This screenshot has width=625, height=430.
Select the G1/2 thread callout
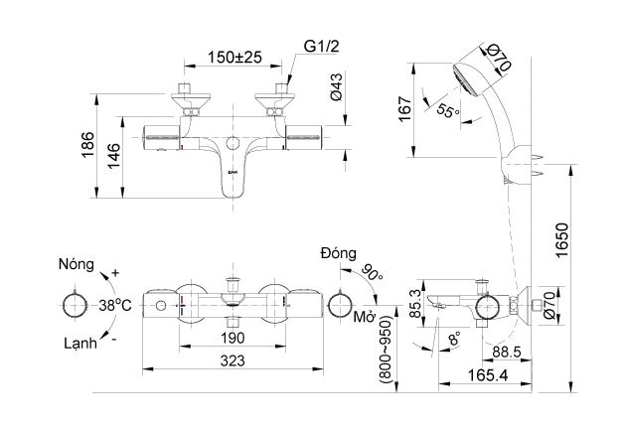320,46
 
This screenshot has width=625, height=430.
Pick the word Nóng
77,265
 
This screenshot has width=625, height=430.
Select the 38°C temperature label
114,304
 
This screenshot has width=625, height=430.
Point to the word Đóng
339,254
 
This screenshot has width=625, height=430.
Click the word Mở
363,318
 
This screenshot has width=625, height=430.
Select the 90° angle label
372,272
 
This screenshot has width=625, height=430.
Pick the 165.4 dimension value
475,376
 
